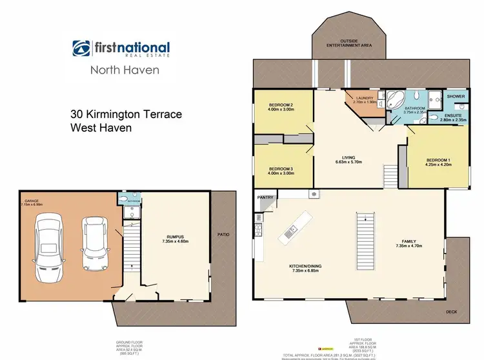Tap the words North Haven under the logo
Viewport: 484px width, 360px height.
tap(124, 70)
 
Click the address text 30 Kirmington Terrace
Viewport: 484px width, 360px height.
tap(126, 114)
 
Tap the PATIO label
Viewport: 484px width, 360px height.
tap(224, 235)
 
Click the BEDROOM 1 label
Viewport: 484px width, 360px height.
tap(438, 160)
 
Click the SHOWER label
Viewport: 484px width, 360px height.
tap(456, 96)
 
